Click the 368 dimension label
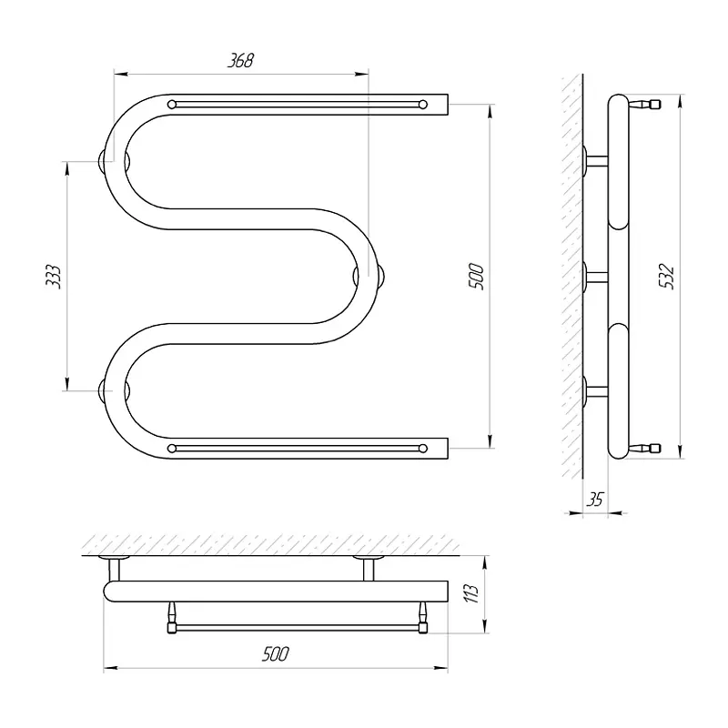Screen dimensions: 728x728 (240, 61)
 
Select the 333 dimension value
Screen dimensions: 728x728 (54, 277)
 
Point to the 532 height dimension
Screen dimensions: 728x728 (667, 277)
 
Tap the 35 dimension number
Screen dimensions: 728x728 (595, 500)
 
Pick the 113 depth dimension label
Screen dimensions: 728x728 (470, 594)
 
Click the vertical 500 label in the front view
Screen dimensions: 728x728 (476, 277)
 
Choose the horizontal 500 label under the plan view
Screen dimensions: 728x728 (276, 653)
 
